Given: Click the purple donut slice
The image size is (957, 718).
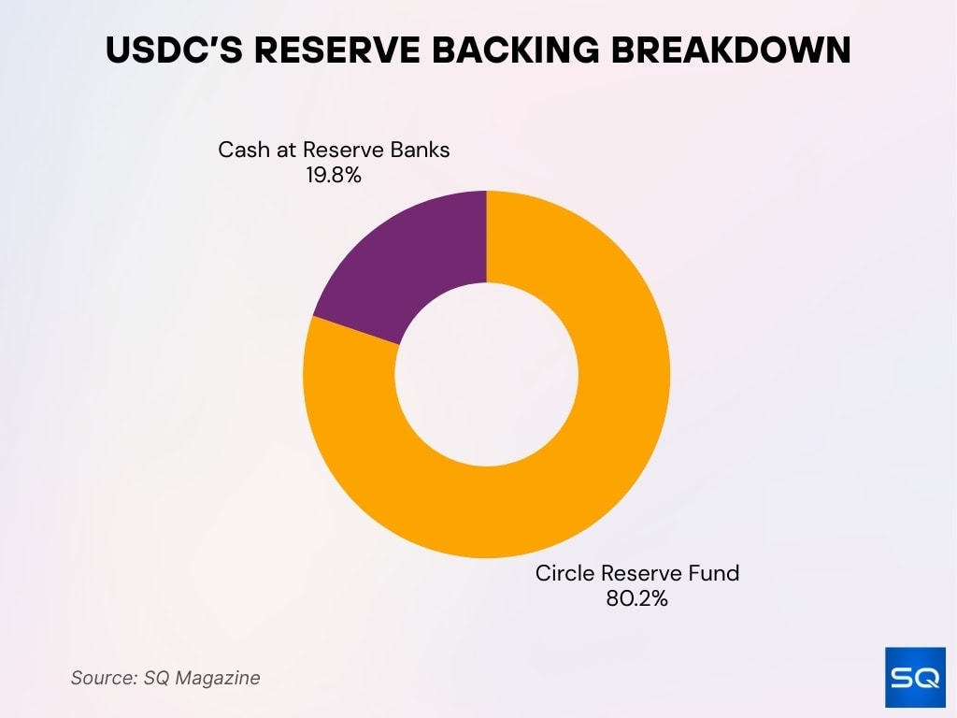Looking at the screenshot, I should [x=411, y=271].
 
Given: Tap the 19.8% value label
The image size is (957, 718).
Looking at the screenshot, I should [x=334, y=174].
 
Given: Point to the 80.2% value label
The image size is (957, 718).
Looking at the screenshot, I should [x=636, y=599].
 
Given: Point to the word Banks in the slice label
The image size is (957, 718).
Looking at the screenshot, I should [x=421, y=150].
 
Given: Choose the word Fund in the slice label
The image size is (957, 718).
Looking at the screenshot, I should [x=716, y=573].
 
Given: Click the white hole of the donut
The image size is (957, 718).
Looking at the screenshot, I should [x=486, y=374].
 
